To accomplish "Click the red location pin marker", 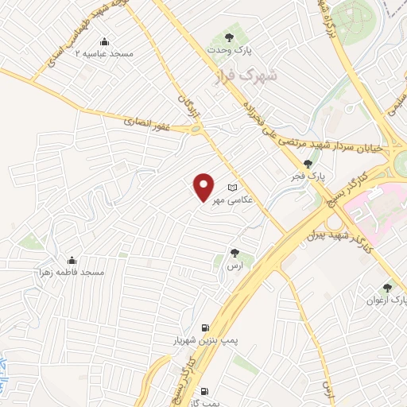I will click(x=203, y=187).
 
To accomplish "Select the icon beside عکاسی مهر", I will click(x=232, y=188).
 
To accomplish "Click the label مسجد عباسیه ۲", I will click(x=104, y=53).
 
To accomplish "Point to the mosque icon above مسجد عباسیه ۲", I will click(x=104, y=41).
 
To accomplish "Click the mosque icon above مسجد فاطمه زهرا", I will click(x=72, y=260).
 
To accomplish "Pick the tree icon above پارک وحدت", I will click(x=230, y=37).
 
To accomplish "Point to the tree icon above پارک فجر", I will click(x=308, y=163).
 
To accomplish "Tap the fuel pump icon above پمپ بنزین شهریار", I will click(x=206, y=327).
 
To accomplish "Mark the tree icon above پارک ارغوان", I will click(x=387, y=287).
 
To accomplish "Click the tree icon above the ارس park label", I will click(x=235, y=253).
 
